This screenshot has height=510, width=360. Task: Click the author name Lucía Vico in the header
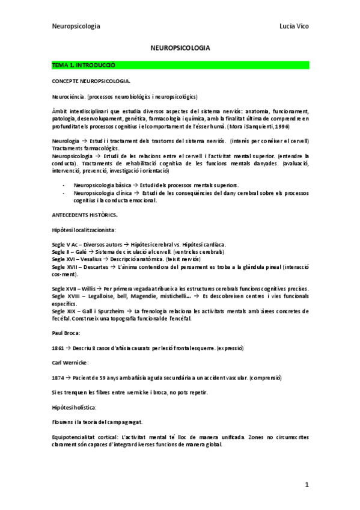tap(294, 26)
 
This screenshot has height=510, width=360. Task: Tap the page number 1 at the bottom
tap(307, 484)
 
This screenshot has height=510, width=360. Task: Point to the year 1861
tap(59, 348)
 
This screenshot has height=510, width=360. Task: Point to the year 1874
tap(59, 377)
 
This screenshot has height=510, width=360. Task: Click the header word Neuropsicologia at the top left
tap(76, 26)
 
